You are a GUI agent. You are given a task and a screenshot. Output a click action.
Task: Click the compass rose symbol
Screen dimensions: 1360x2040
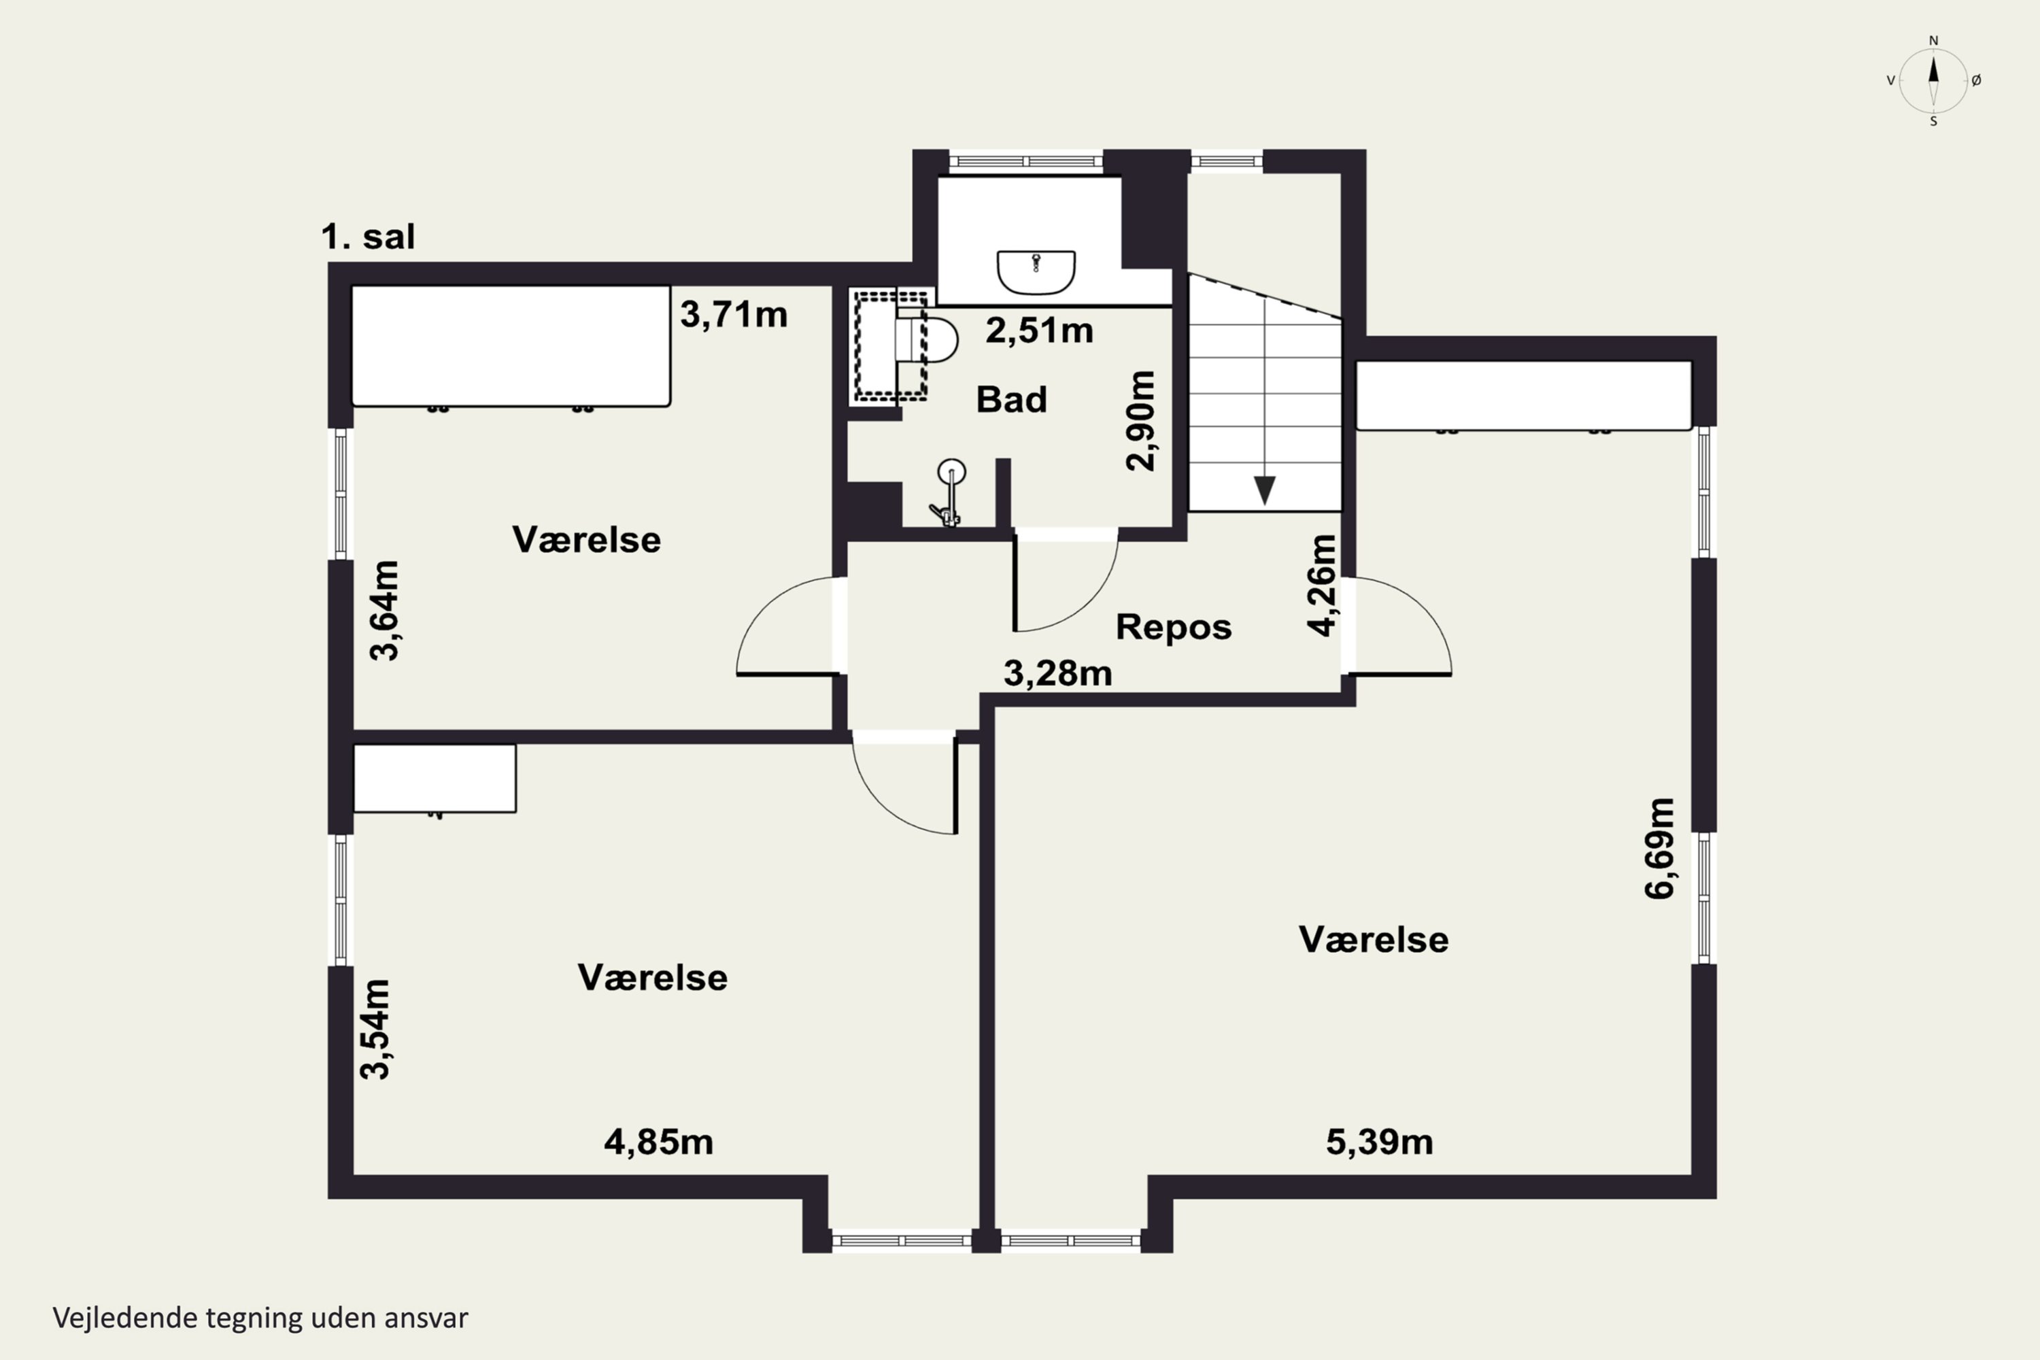(1933, 81)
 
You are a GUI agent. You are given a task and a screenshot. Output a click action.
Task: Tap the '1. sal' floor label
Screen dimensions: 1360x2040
(368, 237)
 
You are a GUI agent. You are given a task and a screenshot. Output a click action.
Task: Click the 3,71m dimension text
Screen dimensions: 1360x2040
(734, 314)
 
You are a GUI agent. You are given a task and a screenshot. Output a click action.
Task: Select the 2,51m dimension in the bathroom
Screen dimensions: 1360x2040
(1039, 330)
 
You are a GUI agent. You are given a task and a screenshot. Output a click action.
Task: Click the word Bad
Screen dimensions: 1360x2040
(1011, 400)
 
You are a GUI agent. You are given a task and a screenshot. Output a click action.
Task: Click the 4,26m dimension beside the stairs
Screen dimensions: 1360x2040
(1322, 585)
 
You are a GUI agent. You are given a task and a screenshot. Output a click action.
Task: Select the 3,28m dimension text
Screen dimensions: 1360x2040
(1057, 673)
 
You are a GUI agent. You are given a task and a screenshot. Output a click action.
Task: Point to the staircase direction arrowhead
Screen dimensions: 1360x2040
(1265, 490)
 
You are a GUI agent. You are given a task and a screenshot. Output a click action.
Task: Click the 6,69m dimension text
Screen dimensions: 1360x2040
(1660, 848)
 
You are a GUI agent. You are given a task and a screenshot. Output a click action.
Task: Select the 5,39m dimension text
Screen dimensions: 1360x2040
(1379, 1142)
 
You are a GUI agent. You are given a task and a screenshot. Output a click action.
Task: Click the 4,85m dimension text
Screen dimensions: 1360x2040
(658, 1142)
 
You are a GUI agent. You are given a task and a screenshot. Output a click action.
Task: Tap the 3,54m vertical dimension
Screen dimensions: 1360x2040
(375, 1029)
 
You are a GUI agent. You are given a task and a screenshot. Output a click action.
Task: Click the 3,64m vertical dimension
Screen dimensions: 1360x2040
(384, 611)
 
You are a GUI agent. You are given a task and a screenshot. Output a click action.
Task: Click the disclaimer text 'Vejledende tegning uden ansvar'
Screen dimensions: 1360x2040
(260, 1318)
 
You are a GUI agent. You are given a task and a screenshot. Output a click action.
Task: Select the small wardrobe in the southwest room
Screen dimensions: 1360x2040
(435, 778)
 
